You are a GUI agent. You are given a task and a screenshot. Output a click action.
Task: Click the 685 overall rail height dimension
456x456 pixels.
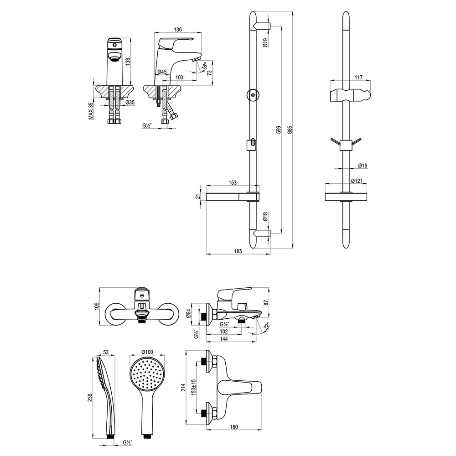(x=290, y=130)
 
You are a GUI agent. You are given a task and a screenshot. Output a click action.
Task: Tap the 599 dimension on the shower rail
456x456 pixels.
(x=278, y=130)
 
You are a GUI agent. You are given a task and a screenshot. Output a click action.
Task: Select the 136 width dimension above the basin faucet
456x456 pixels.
(x=178, y=29)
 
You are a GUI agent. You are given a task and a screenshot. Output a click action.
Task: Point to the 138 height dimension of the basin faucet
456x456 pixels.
(x=128, y=62)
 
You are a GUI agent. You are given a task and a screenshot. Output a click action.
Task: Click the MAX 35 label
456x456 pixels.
(x=91, y=111)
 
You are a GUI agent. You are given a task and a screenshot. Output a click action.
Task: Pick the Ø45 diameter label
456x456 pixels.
(x=162, y=72)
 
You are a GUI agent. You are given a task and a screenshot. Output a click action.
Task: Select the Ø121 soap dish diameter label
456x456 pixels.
(x=357, y=181)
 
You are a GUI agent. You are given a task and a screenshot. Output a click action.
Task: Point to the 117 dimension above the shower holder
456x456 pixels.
(x=358, y=78)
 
